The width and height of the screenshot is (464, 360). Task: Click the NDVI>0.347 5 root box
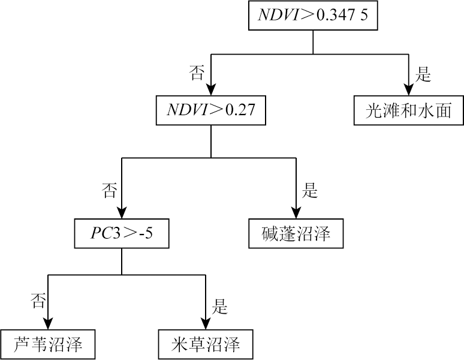312,16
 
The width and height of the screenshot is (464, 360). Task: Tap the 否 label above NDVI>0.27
197,74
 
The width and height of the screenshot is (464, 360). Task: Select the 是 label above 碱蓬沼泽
310,191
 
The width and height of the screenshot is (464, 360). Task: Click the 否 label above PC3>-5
109,191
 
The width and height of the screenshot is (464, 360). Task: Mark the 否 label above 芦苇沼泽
37,302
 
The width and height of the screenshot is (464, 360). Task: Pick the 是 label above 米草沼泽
220,308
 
